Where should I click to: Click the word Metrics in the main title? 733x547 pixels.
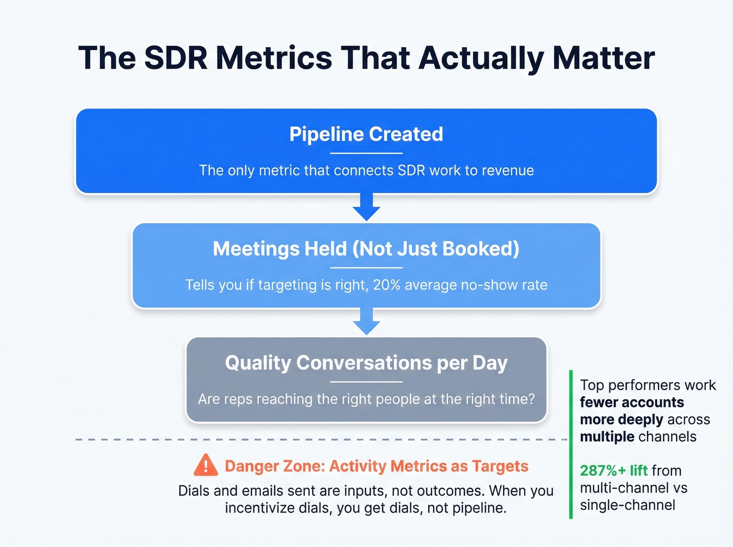click(274, 58)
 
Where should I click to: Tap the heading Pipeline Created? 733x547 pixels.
click(366, 134)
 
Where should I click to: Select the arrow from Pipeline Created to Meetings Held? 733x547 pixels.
click(366, 207)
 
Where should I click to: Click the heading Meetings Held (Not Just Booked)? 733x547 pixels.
click(366, 249)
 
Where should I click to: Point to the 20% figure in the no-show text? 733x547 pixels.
click(386, 285)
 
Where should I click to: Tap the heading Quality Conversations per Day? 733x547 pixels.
click(366, 363)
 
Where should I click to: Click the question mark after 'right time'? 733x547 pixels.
click(531, 399)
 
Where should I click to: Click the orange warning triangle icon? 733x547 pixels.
click(206, 465)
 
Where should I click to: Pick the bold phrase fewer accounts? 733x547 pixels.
click(631, 402)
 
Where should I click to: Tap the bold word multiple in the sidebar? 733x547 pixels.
click(607, 437)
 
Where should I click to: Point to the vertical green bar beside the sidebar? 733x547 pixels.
click(571, 445)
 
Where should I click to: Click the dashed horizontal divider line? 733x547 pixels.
click(314, 440)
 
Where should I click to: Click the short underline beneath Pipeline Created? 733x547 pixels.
click(366, 153)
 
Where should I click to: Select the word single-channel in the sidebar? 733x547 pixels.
click(627, 505)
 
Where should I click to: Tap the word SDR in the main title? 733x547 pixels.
click(176, 58)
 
